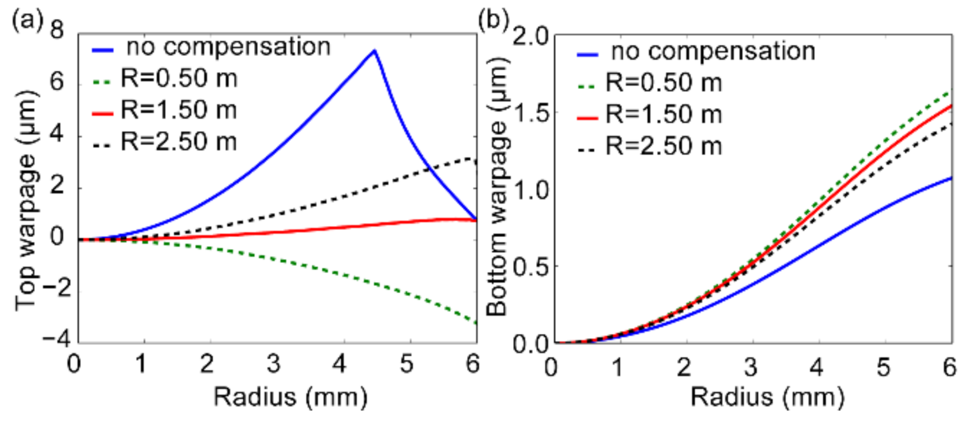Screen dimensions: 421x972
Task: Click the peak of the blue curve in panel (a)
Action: pos(374,50)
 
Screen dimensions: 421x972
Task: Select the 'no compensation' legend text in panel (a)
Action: pos(229,47)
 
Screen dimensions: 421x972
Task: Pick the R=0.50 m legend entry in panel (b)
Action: pos(663,83)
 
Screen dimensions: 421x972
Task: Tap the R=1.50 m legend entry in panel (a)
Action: pos(179,110)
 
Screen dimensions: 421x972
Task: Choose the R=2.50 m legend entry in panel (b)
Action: pos(663,146)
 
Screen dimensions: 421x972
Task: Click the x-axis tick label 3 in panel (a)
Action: pos(273,364)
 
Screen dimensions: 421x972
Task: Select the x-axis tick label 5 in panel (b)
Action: pos(883,367)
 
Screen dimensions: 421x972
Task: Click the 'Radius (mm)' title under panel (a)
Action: pos(290,397)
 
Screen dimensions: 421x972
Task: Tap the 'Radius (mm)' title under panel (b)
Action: pos(767,397)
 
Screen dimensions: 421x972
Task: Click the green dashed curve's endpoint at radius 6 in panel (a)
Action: pos(476,323)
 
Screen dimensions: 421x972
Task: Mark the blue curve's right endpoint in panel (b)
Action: pos(951,178)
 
